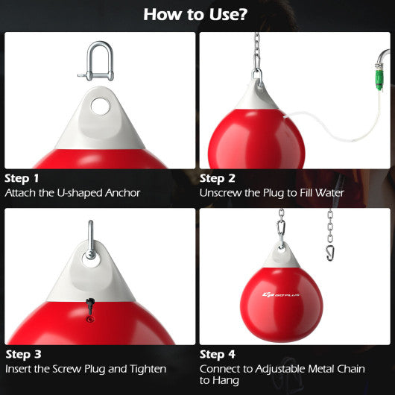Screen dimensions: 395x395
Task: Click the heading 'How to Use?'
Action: pyautogui.click(x=197, y=14)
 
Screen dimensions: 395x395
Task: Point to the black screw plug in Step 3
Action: pyautogui.click(x=89, y=303)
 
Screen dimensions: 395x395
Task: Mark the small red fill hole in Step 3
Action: pyautogui.click(x=90, y=318)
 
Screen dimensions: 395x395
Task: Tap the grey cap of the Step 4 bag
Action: pyautogui.click(x=282, y=261)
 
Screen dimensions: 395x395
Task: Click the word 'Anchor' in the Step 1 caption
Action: pyautogui.click(x=122, y=193)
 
